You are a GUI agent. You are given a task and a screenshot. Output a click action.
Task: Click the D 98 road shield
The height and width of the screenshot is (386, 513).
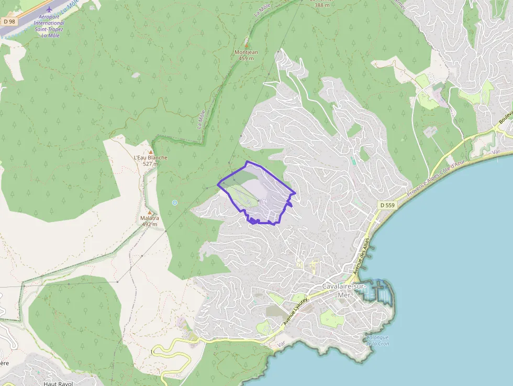point(8,21)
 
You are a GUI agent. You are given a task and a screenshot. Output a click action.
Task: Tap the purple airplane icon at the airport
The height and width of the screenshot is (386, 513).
point(49,9)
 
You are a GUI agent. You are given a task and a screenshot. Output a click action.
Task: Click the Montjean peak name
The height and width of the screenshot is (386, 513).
point(246,52)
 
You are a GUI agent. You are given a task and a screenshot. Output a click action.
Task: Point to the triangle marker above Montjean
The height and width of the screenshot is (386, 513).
point(247,46)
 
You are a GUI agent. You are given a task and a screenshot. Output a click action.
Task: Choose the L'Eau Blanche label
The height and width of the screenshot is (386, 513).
point(151,158)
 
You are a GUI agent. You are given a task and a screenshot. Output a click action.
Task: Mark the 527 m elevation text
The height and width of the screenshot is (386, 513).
point(150,164)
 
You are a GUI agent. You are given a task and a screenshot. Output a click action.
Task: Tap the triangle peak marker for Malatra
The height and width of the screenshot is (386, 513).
point(150,212)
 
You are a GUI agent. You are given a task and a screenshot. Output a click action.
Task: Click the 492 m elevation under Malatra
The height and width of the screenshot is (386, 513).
point(150,224)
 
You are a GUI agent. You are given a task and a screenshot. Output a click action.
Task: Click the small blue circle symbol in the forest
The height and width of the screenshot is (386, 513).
point(175,203)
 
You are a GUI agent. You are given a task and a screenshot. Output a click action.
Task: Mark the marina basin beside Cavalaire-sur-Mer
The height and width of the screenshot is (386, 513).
point(378,291)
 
